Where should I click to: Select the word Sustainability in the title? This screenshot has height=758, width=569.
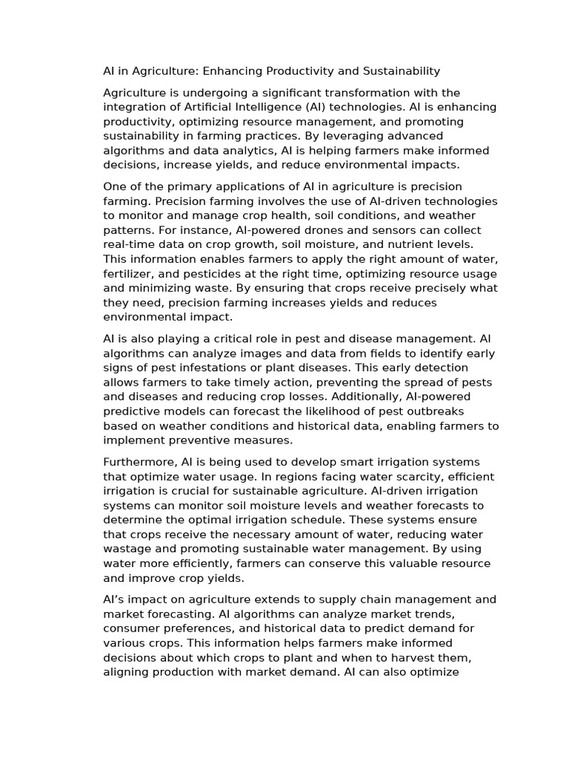coord(401,71)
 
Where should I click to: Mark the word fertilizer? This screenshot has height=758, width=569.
coord(128,274)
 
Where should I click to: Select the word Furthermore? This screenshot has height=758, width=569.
coord(138,462)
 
